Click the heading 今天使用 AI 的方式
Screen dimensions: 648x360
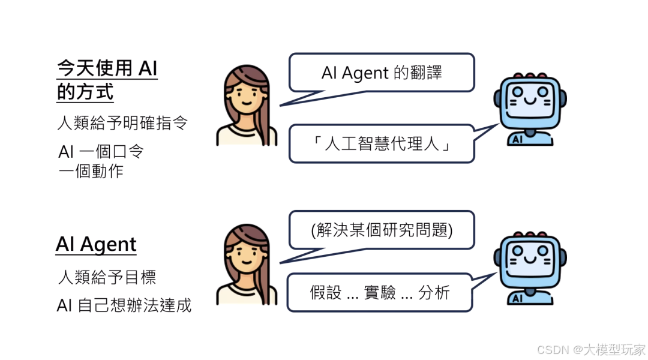[x=106, y=80]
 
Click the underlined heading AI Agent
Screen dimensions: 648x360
[x=96, y=245]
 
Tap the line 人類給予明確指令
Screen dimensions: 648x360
[x=122, y=124]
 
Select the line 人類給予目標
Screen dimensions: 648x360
[x=107, y=278]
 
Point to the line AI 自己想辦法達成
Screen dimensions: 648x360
[x=124, y=305]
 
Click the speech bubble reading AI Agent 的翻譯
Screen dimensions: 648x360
[x=382, y=73]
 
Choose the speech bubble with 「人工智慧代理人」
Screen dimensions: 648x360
[x=382, y=144]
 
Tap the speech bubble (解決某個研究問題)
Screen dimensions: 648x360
[x=382, y=230]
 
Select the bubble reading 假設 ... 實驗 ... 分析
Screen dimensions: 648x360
[x=380, y=293]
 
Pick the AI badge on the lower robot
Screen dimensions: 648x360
[x=516, y=298]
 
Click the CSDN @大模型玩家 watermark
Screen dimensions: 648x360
[x=590, y=349]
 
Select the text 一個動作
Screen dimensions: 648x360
[x=91, y=171]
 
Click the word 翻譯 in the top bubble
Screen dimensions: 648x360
[x=427, y=73]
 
